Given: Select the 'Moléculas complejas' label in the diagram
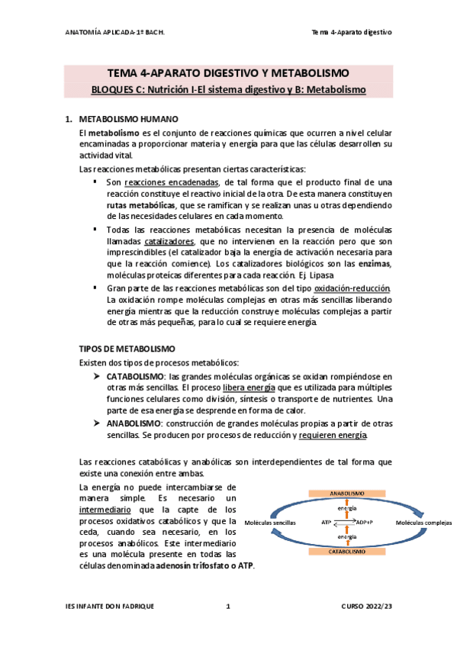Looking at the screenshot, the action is coord(423,522).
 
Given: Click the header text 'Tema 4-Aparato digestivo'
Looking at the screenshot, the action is coord(352,32).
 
